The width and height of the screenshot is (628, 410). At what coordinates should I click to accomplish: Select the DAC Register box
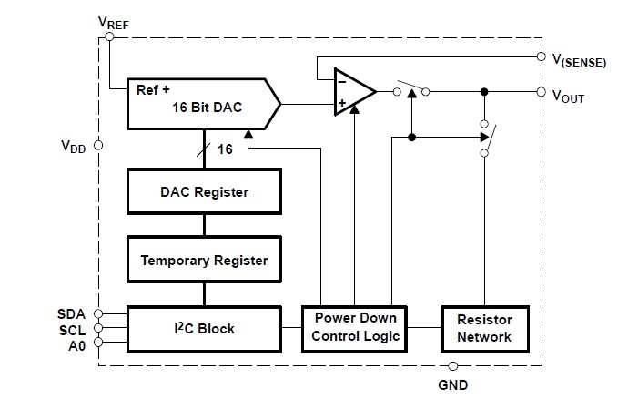click(204, 192)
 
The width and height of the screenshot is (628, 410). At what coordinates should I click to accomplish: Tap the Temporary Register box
click(204, 261)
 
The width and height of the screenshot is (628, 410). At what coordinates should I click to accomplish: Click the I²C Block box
click(204, 328)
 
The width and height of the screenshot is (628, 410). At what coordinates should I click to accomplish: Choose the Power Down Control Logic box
click(356, 328)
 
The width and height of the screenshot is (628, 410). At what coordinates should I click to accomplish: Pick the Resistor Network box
click(483, 328)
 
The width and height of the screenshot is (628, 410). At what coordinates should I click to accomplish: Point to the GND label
click(452, 384)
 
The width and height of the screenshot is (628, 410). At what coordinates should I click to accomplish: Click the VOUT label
click(568, 97)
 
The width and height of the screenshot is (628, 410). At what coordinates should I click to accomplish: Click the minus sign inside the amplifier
click(341, 80)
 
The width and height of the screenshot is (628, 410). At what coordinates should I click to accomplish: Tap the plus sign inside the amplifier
click(342, 103)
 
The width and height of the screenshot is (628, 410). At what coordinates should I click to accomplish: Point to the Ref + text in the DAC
click(154, 89)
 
